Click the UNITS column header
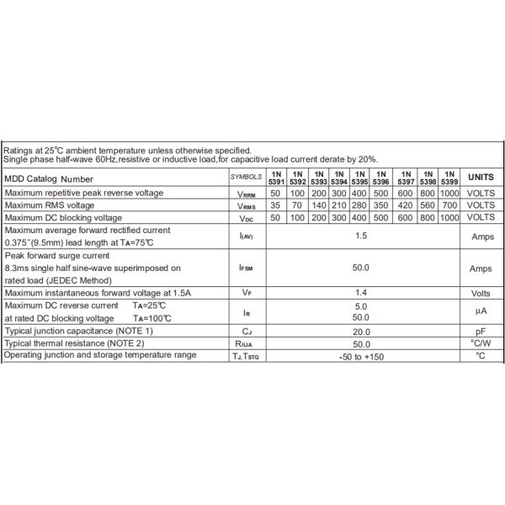(x=481, y=178)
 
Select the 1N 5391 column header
(x=276, y=178)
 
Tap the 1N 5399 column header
(x=449, y=178)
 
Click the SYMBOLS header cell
(x=247, y=178)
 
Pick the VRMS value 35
(x=276, y=205)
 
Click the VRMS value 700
(x=449, y=205)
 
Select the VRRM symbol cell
(x=247, y=194)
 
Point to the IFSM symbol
(x=247, y=268)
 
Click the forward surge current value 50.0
(x=361, y=268)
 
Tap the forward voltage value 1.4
(x=361, y=293)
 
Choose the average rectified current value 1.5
(x=361, y=237)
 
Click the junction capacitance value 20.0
(x=361, y=332)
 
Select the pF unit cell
(x=481, y=332)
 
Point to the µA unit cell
(x=481, y=311)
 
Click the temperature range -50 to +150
(x=361, y=355)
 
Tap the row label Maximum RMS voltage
(x=50, y=205)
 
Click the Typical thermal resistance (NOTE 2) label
(x=74, y=343)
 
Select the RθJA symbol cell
(x=247, y=343)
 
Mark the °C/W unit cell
(x=481, y=343)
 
